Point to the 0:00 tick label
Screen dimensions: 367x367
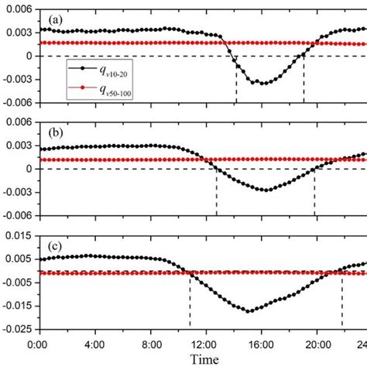coord(39,343)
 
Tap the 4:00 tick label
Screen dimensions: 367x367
coord(94,343)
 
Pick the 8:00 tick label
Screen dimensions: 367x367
coord(151,343)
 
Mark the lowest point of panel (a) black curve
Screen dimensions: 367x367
coord(263,83)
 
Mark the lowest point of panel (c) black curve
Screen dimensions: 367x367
coord(249,311)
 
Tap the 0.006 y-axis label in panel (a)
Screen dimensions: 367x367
coord(19,9)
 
